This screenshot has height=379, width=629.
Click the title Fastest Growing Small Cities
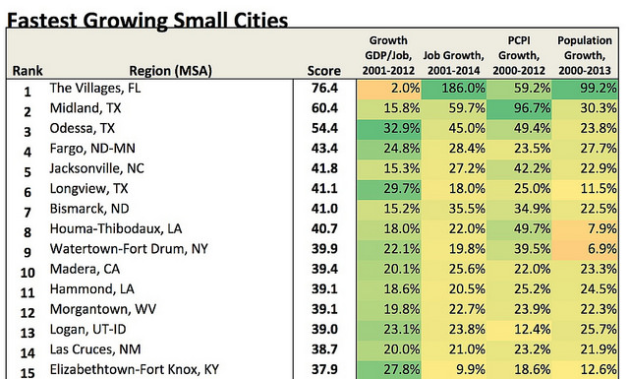[x=147, y=20]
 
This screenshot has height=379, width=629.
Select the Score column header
[x=323, y=71]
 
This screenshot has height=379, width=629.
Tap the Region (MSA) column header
[x=170, y=71]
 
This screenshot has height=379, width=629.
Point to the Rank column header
[x=28, y=71]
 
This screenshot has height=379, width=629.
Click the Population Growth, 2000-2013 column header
[x=585, y=55]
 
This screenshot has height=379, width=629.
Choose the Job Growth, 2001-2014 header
[x=454, y=63]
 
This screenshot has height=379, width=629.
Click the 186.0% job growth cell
[x=454, y=88]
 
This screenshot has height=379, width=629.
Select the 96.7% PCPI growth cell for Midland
[x=519, y=108]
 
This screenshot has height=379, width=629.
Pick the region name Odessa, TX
[x=83, y=128]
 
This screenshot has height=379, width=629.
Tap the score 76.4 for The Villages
[x=324, y=88]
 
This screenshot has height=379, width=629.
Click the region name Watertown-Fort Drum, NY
[x=129, y=249]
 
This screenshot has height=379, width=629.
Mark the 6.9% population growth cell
[x=585, y=249]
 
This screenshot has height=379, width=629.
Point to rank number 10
[x=28, y=273]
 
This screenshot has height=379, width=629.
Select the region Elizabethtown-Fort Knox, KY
[x=135, y=369]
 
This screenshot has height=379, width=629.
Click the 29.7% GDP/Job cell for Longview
[x=389, y=188]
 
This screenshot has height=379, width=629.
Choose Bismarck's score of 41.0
[x=324, y=209]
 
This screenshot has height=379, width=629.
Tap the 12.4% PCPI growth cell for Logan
[x=519, y=329]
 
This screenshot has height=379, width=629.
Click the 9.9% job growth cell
[x=454, y=369]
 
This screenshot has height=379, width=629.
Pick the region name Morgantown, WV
[x=102, y=309]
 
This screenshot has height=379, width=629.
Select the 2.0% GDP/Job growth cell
[x=389, y=88]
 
